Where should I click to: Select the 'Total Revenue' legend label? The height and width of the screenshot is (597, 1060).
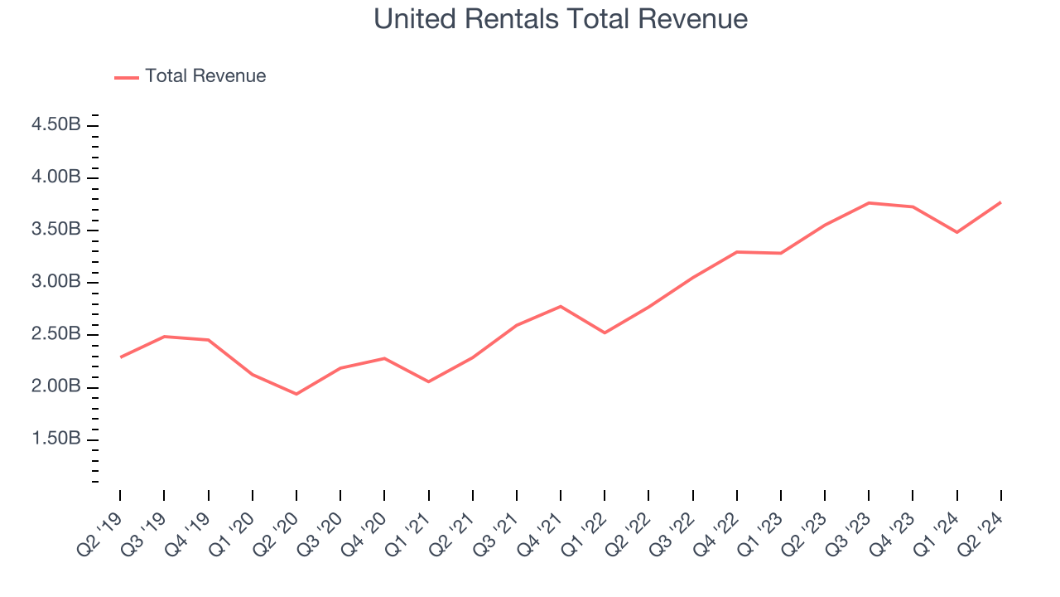click(205, 76)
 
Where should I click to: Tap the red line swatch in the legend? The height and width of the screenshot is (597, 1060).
click(127, 77)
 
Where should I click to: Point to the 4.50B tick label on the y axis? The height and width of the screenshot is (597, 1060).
click(56, 125)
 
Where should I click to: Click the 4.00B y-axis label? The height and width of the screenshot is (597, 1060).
click(56, 177)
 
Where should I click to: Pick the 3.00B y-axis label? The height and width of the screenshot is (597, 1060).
click(56, 282)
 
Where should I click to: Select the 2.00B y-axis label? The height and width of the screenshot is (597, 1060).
click(56, 386)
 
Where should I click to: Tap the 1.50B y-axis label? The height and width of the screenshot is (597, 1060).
click(56, 439)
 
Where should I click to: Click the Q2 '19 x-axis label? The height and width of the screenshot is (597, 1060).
click(100, 534)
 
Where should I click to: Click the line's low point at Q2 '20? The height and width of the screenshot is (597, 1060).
click(296, 394)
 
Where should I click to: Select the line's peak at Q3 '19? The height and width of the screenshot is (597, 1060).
click(164, 337)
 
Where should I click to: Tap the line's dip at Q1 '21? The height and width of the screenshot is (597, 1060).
click(428, 381)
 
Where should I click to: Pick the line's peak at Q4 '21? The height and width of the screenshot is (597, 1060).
click(561, 307)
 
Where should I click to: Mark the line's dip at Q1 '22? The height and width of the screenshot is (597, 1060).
click(605, 332)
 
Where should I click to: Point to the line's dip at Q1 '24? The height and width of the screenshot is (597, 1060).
click(957, 232)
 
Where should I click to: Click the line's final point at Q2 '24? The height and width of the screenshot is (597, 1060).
click(1000, 202)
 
